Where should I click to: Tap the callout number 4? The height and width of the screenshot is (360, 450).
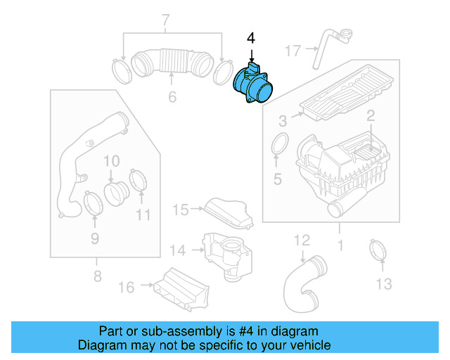pyautogui.click(x=252, y=37)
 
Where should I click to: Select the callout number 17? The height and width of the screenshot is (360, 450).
pyautogui.click(x=293, y=50)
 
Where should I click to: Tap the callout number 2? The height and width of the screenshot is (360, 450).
pyautogui.click(x=370, y=116)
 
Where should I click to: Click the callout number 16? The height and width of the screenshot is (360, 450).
pyautogui.click(x=126, y=286)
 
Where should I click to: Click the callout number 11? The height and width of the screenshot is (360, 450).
pyautogui.click(x=143, y=214)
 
